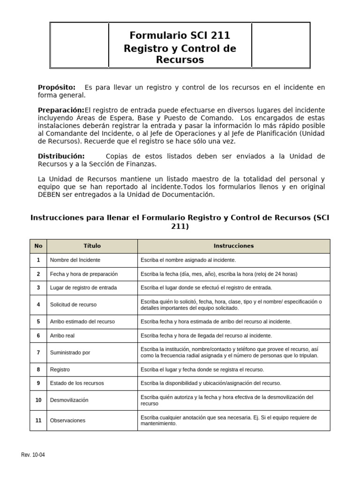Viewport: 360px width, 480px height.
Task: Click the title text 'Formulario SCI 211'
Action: [x=180, y=35]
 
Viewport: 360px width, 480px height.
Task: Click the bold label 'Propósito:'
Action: [x=56, y=88]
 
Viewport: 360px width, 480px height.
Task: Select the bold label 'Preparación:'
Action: [x=60, y=110]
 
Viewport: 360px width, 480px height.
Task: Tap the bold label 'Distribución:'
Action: [x=61, y=156]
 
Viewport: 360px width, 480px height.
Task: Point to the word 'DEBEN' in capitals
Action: [x=50, y=195]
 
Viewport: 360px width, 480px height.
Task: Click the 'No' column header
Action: [x=38, y=246]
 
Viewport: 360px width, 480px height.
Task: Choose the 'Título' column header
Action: [x=92, y=246]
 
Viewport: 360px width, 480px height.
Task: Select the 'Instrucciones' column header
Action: [x=233, y=246]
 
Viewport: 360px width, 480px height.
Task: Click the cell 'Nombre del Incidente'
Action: [x=75, y=260]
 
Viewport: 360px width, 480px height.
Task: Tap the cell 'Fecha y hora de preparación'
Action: [x=84, y=274]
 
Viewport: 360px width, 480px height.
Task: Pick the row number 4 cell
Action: [x=38, y=305]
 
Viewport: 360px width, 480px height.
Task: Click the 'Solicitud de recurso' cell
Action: [x=73, y=305]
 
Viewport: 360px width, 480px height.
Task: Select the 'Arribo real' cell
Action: [x=62, y=336]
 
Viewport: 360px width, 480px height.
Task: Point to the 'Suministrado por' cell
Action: [x=70, y=352]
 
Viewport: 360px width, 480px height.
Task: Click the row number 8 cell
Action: [x=38, y=369]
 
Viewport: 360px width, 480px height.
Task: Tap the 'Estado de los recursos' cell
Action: [x=77, y=383]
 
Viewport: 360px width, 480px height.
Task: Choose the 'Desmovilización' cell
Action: [x=69, y=400]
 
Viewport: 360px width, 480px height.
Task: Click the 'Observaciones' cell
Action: [x=67, y=420]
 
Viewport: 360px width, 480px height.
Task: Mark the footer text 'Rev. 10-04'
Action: [x=33, y=455]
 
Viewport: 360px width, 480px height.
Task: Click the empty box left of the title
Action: [x=79, y=45]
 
